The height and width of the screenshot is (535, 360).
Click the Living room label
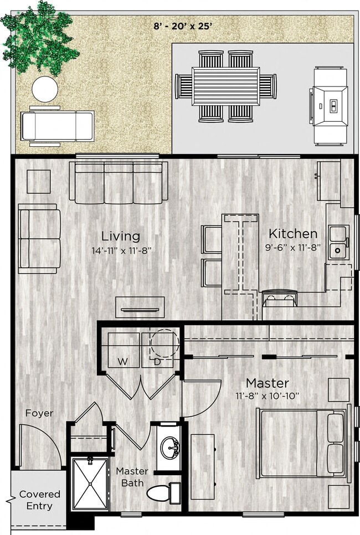120,236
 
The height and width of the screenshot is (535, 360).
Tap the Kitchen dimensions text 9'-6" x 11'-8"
293,248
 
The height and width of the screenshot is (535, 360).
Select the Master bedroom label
268,383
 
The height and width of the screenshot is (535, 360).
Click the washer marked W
123,351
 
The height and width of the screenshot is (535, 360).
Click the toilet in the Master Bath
166,492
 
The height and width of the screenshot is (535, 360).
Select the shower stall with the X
90,483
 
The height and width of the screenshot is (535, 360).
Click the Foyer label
39,413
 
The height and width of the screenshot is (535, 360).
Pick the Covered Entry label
40,500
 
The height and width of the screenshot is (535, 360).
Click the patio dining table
225,86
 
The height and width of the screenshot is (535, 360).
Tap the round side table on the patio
45,89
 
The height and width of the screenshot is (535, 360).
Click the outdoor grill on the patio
330,105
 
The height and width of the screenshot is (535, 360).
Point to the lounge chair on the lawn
58,126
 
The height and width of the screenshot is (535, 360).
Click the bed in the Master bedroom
302,443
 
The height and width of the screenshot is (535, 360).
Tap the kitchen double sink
337,243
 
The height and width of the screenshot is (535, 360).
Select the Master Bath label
132,476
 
